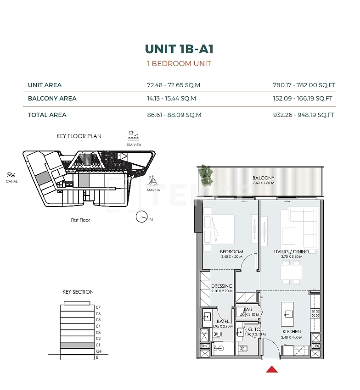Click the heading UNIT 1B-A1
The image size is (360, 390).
(179, 49)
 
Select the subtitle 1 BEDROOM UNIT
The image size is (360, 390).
(179, 64)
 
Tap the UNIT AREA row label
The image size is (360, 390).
(45, 85)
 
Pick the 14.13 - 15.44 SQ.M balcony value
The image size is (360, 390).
(171, 98)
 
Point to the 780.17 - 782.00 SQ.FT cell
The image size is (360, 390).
(304, 85)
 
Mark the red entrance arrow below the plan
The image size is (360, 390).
(272, 369)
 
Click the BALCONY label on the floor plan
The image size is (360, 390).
(263, 178)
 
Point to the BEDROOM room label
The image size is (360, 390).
(231, 251)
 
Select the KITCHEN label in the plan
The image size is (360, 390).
(292, 331)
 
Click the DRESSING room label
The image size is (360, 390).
(222, 286)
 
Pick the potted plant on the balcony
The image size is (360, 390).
(206, 176)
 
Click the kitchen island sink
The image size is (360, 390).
(289, 314)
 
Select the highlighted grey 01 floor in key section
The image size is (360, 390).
(77, 345)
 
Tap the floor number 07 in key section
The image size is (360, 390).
(98, 307)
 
